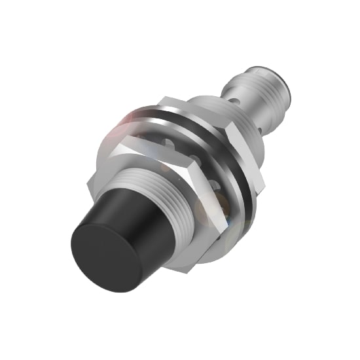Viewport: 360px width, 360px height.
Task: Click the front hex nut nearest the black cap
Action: click(x=131, y=151)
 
